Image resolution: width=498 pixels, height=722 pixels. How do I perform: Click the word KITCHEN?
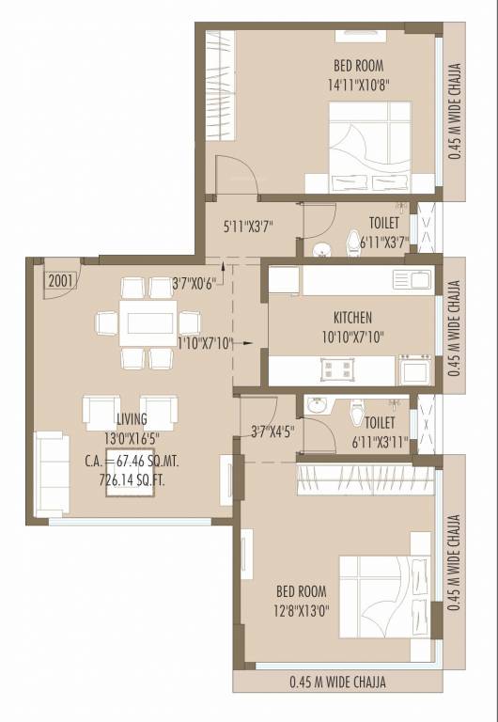(352, 318)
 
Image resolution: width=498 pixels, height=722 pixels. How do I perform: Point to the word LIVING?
(132, 419)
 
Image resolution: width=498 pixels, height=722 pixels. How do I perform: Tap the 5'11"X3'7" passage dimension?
(248, 227)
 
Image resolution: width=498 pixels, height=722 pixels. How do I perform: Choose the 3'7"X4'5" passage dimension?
(272, 432)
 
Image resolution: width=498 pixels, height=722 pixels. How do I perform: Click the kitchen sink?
(413, 278)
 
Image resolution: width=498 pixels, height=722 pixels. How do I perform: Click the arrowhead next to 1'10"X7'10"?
(248, 343)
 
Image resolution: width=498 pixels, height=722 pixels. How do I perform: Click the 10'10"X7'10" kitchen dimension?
(352, 336)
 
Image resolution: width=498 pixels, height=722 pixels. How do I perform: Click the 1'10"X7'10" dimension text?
(204, 343)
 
